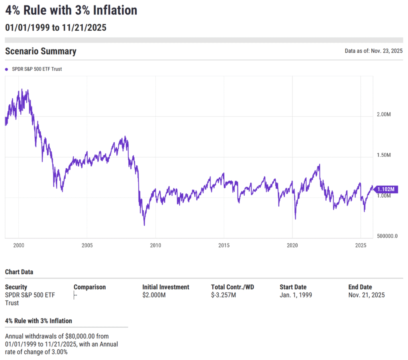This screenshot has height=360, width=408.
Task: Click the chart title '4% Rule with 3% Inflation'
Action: [71, 10]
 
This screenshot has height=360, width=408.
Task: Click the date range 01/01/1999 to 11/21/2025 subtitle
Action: [55, 28]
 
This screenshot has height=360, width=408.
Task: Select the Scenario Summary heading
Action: [41, 51]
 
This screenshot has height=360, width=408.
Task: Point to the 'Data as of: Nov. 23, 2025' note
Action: [374, 51]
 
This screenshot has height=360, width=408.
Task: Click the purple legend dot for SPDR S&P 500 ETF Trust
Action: [7, 69]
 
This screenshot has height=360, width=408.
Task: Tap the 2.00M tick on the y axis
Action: [384, 115]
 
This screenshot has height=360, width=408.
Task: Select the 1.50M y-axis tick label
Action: [384, 155]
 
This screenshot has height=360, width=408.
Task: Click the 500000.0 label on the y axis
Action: [387, 236]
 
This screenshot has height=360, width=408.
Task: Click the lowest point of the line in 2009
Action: [144, 225]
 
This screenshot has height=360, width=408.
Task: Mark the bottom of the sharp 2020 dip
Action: [295, 218]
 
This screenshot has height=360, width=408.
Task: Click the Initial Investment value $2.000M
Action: [154, 295]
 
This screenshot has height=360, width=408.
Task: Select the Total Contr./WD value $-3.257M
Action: [224, 295]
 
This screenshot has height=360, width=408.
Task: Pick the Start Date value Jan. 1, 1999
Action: [296, 295]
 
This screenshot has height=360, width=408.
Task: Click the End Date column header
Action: [360, 287]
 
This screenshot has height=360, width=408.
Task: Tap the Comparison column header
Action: [90, 287]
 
